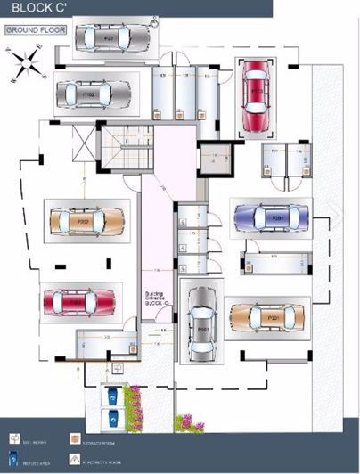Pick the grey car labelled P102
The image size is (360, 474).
coord(93,92)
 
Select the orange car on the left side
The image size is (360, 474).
coord(86,220)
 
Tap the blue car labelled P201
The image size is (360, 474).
coord(271,216)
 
